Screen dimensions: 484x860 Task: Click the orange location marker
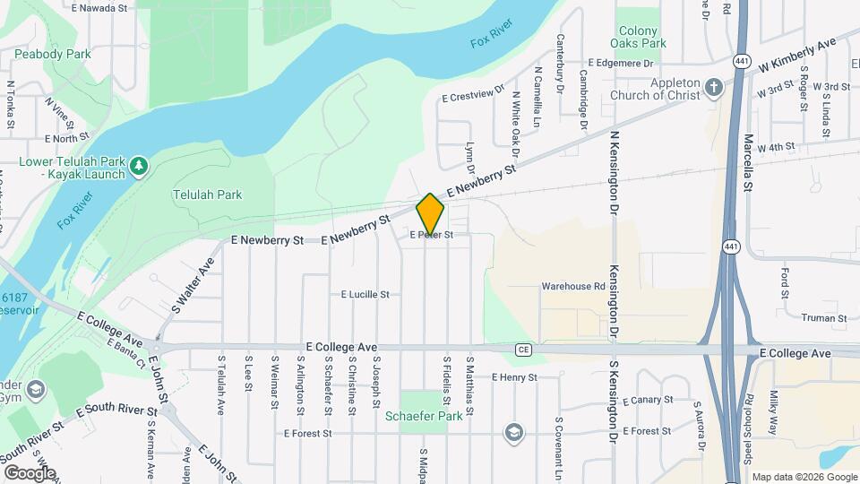[x=430, y=214]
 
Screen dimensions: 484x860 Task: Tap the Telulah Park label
[x=207, y=194]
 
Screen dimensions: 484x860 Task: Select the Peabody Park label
[x=52, y=54]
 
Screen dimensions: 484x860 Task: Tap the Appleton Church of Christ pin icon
[x=713, y=87]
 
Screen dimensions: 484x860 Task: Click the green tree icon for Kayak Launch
[x=139, y=166]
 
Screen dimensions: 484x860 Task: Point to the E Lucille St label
[x=365, y=294]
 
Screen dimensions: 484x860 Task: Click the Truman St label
[x=824, y=318]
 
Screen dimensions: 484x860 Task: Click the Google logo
[x=30, y=472]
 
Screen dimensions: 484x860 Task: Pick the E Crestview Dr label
[x=474, y=96]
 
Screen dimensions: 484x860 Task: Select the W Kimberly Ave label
[x=796, y=55]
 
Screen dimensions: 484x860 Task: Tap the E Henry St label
[x=513, y=377]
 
